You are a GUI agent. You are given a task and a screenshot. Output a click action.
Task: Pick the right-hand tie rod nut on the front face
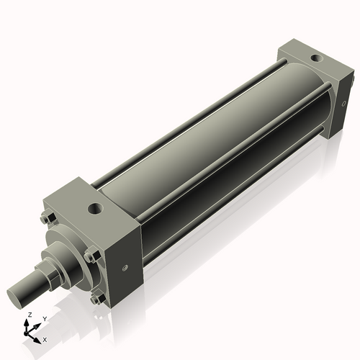pos(89,257)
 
